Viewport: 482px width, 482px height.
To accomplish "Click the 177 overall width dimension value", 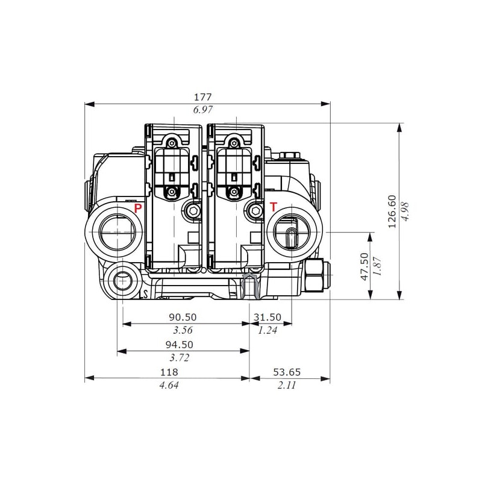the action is [202, 97].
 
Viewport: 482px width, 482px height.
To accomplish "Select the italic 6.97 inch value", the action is [202, 110].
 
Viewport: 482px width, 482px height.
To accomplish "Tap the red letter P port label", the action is [138, 208].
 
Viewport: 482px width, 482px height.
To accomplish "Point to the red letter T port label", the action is [274, 207].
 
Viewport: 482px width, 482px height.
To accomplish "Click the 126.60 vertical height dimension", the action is [392, 211].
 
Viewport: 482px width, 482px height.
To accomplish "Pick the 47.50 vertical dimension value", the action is [365, 266].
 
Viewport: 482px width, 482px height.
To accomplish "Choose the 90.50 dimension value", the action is [183, 317].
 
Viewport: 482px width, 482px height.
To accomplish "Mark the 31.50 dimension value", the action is [268, 317].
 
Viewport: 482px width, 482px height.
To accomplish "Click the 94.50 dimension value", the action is [179, 345].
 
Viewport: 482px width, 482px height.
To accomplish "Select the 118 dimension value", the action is [169, 372].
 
